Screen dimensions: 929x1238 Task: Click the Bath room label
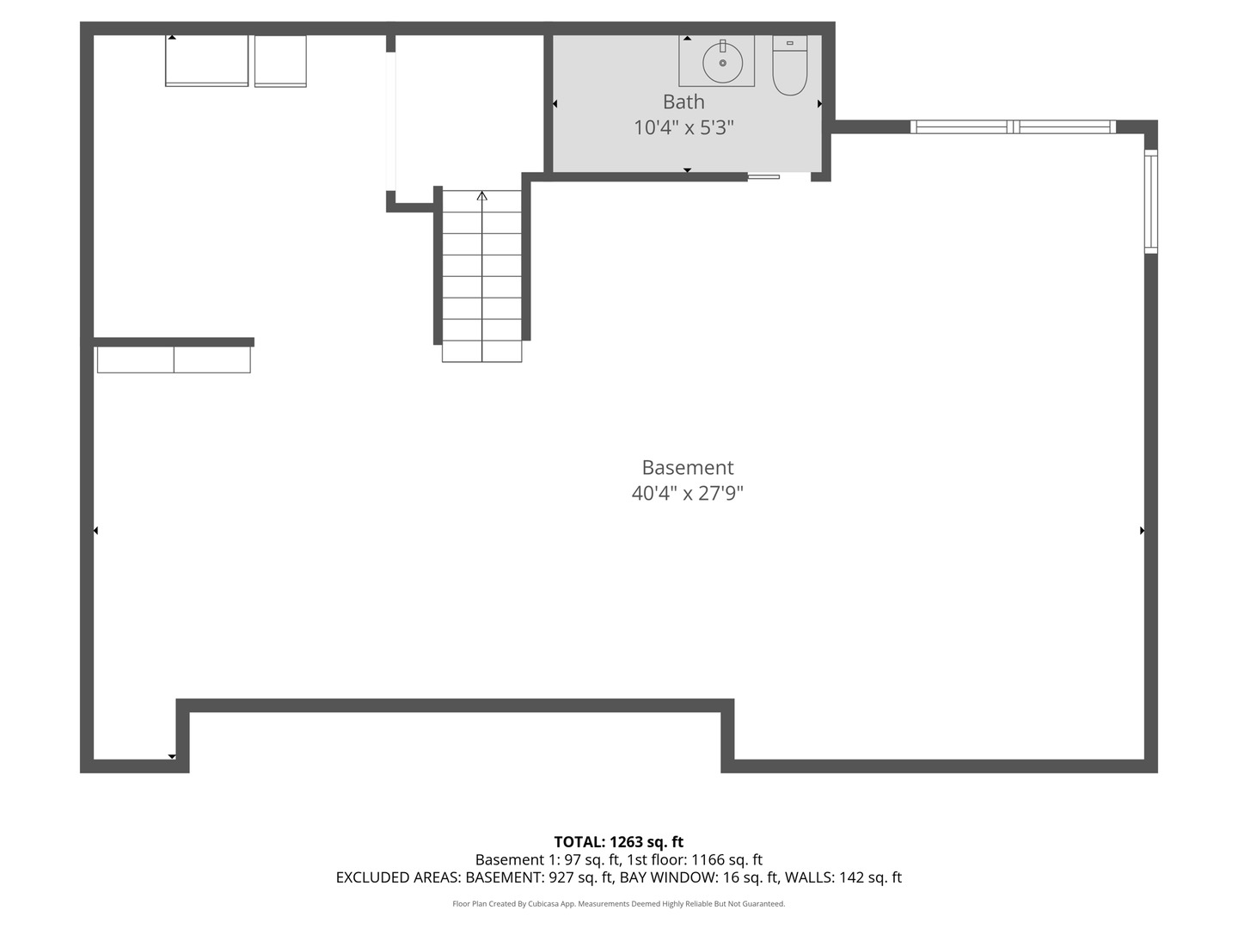click(x=683, y=102)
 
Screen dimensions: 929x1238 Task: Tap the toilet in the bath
click(x=789, y=67)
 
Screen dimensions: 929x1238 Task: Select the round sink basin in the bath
click(x=722, y=63)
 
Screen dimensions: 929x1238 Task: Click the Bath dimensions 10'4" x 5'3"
click(x=683, y=127)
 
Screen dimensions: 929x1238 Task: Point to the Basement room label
click(x=688, y=467)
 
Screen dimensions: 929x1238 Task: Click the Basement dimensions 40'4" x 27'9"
click(x=688, y=493)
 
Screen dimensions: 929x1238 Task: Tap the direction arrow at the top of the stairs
click(x=482, y=196)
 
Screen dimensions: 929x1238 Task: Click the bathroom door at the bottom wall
click(x=763, y=176)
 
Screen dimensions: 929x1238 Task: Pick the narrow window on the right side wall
click(x=1150, y=201)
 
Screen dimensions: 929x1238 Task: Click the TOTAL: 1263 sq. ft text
click(x=619, y=842)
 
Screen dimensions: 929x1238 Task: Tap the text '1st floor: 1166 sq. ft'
click(x=695, y=859)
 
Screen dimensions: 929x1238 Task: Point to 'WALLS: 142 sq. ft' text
click(x=843, y=877)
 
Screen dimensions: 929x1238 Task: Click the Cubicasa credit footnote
click(x=619, y=904)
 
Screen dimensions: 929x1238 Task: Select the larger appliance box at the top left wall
click(x=206, y=60)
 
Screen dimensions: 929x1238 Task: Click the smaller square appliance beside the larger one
click(x=280, y=60)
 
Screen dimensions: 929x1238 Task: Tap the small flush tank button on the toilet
click(x=789, y=42)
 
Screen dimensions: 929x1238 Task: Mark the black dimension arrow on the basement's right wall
click(x=1142, y=531)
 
